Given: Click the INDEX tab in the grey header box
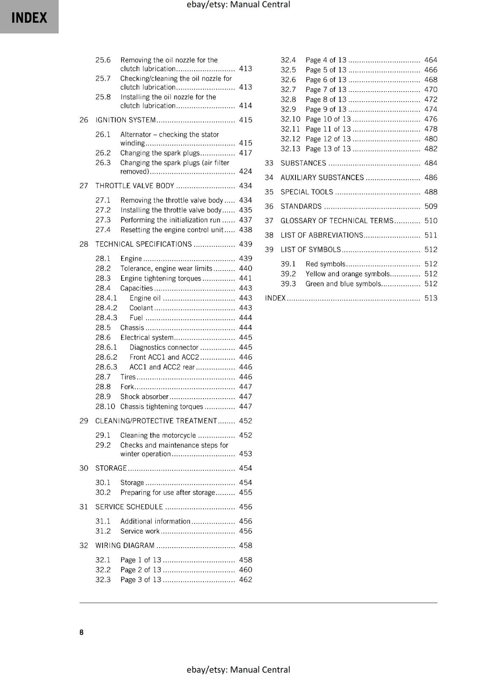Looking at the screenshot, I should pyautogui.click(x=29, y=18).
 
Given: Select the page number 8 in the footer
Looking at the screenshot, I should pyautogui.click(x=81, y=632).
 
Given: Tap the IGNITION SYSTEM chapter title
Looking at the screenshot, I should pyautogui.click(x=126, y=120).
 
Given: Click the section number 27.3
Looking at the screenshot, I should pyautogui.click(x=103, y=220).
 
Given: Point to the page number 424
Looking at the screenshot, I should pyautogui.click(x=245, y=172).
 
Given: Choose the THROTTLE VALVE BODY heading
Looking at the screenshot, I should pyautogui.click(x=135, y=186).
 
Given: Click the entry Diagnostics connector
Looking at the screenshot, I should pyautogui.click(x=164, y=348).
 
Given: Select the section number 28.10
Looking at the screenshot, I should pyautogui.click(x=105, y=407).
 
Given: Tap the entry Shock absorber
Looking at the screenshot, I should pyautogui.click(x=144, y=397).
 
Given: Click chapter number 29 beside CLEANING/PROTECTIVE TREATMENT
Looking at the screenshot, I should pyautogui.click(x=84, y=421).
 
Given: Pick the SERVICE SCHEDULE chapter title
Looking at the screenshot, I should pyautogui.click(x=129, y=507).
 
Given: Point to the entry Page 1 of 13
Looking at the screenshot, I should pyautogui.click(x=141, y=560).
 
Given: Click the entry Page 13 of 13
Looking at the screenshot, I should pyautogui.click(x=328, y=149).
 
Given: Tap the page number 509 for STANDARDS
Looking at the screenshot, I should pyautogui.click(x=431, y=207).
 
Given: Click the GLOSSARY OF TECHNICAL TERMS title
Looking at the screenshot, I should pyautogui.click(x=337, y=221).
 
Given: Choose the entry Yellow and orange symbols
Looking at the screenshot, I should pyautogui.click(x=348, y=274).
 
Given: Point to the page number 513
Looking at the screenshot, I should pyautogui.click(x=431, y=298).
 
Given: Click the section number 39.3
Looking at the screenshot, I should pyautogui.click(x=288, y=284).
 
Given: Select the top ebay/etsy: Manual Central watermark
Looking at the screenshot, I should pyautogui.click(x=238, y=5).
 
